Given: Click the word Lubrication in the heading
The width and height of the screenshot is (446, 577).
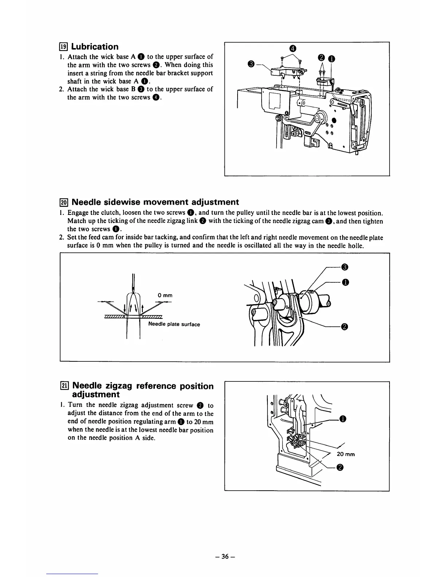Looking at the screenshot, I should coord(95,47).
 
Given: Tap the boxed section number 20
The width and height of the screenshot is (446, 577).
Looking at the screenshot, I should coord(64,202).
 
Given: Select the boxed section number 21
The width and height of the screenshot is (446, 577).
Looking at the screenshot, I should coord(64,386).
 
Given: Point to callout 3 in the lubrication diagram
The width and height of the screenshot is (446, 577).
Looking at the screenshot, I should coord(250,64).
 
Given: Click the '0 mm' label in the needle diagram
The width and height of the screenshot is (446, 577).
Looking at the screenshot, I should coord(165,295).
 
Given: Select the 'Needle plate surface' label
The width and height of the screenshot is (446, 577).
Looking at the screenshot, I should coord(174,325).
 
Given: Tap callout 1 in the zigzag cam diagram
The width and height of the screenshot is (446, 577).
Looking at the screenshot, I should coord(345,282).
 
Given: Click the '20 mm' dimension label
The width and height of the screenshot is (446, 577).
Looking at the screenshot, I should coord(345,454).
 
